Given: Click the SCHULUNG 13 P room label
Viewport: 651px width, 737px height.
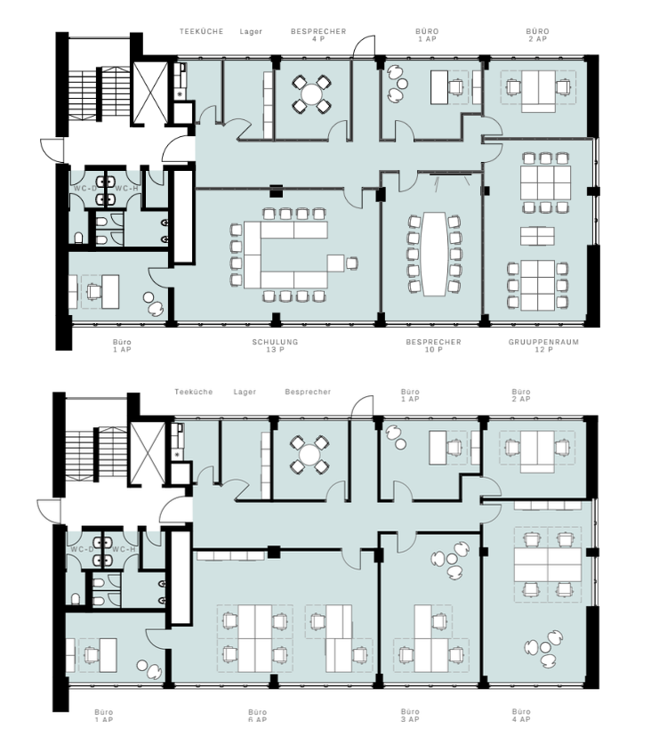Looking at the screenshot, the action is (x=275, y=345).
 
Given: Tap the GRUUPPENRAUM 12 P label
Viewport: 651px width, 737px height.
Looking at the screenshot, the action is (x=543, y=345).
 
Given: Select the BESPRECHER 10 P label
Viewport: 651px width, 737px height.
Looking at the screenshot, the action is (x=433, y=345).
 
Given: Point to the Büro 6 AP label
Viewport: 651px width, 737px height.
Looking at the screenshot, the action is (x=257, y=716).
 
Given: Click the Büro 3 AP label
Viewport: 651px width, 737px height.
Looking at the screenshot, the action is (x=410, y=716).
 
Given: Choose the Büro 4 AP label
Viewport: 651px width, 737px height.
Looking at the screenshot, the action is (x=521, y=716).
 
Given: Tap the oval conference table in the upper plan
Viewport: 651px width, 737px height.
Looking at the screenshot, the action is (x=434, y=254).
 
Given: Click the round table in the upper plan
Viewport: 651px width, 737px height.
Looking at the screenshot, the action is (x=311, y=94).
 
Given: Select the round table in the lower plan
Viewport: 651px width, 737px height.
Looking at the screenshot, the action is (x=309, y=455).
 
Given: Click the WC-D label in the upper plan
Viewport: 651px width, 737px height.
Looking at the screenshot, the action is (x=85, y=189).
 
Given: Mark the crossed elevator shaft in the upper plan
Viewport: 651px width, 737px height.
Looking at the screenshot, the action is (x=150, y=93).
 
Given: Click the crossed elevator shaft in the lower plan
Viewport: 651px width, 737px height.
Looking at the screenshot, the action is (x=148, y=453).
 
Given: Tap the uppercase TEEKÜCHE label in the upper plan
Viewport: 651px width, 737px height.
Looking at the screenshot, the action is (x=202, y=31).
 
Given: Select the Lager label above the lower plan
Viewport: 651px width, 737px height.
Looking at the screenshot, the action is (x=245, y=392).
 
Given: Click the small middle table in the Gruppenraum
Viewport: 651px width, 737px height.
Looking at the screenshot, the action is (x=537, y=236).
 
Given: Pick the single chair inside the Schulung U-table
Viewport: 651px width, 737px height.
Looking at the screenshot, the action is (x=352, y=263).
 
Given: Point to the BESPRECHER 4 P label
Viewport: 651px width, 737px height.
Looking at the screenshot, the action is (x=318, y=35).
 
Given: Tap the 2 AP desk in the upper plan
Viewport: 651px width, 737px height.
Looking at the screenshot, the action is (x=538, y=91).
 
